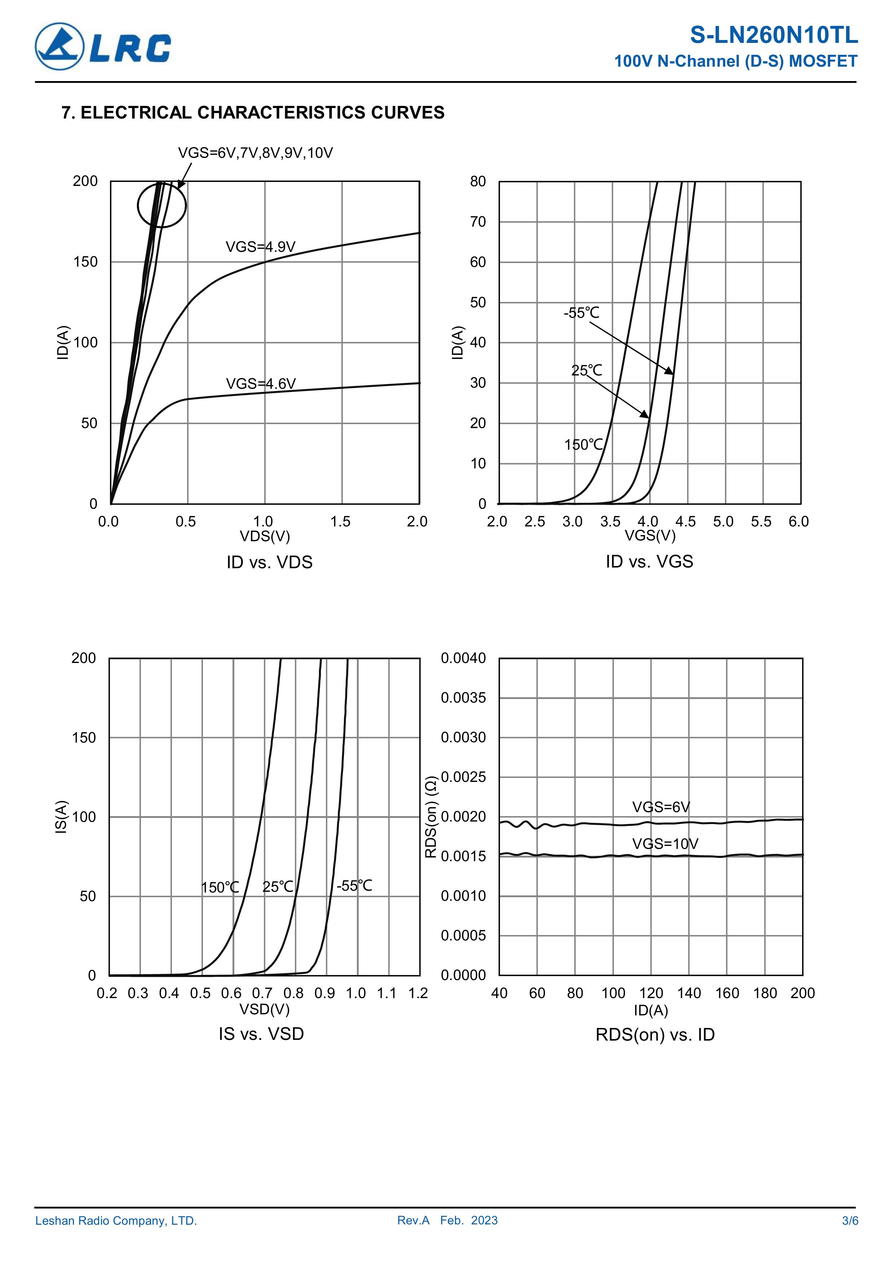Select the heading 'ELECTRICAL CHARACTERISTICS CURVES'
tap(262, 112)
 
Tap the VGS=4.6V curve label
tap(261, 383)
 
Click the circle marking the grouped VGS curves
tap(161, 205)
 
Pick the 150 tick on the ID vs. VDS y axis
tap(85, 262)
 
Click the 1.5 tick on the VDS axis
tap(340, 521)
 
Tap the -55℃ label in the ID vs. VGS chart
tap(581, 313)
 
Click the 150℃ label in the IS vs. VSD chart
tap(220, 887)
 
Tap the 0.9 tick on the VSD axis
tap(324, 993)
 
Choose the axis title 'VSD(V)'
tap(264, 1009)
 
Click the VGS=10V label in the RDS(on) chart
tap(665, 844)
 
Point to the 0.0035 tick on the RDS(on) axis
tap(463, 698)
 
